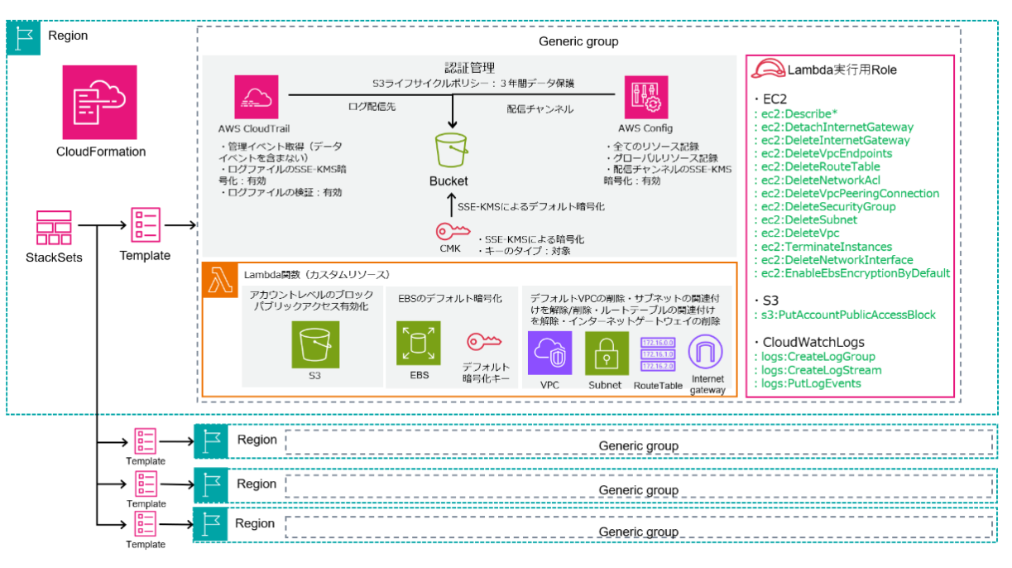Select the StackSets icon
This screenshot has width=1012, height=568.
coord(54,228)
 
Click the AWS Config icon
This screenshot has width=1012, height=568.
coord(645,98)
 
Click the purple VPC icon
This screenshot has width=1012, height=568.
coord(549,354)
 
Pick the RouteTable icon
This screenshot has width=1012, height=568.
coord(659,354)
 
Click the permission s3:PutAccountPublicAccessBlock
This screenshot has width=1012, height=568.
coord(849,315)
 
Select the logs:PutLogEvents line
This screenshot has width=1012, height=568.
coord(811,383)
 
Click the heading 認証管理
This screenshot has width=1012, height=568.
coord(469,67)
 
